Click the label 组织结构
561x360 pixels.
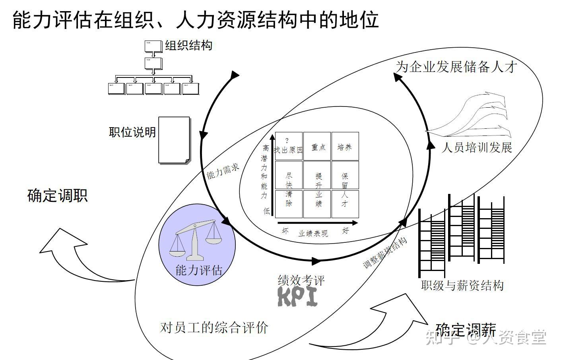click(189, 46)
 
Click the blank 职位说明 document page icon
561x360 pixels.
click(174, 140)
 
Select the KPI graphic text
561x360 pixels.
click(298, 296)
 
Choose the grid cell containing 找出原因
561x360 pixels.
click(289, 146)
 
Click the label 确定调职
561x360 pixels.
click(57, 195)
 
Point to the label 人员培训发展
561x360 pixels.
click(477, 148)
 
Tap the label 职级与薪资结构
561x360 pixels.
click(462, 285)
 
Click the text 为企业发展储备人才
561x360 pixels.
click(456, 66)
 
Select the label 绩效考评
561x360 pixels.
click(301, 280)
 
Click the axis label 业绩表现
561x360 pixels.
click(313, 233)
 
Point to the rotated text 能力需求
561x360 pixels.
click(223, 170)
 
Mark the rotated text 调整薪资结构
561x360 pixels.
click(385, 253)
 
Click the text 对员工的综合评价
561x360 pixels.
click(214, 327)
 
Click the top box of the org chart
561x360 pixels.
click(153, 46)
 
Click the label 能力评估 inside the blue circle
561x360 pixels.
click(198, 271)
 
